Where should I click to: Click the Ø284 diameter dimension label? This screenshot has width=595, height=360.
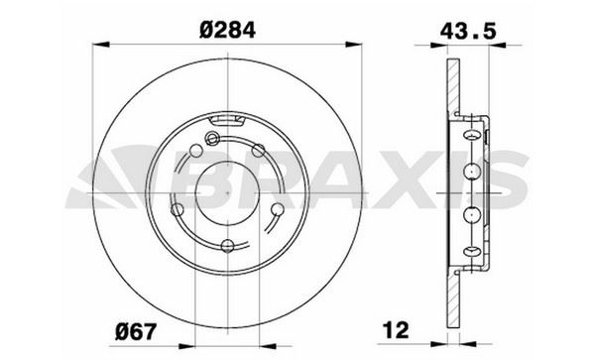(x=227, y=30)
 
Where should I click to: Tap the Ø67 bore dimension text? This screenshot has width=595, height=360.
(x=136, y=332)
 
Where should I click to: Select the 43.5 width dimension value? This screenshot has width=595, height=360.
(x=468, y=31)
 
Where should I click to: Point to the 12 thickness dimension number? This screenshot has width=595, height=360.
(x=397, y=330)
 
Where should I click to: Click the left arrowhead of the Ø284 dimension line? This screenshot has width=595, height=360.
(x=101, y=45)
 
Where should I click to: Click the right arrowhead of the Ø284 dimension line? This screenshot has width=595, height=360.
(x=354, y=45)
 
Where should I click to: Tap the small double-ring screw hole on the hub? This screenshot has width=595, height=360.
(x=212, y=139)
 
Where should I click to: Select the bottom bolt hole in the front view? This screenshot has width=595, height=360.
(x=227, y=246)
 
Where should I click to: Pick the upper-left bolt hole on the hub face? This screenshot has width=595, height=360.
(x=195, y=151)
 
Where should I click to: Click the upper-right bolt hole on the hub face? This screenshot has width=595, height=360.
(x=259, y=151)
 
